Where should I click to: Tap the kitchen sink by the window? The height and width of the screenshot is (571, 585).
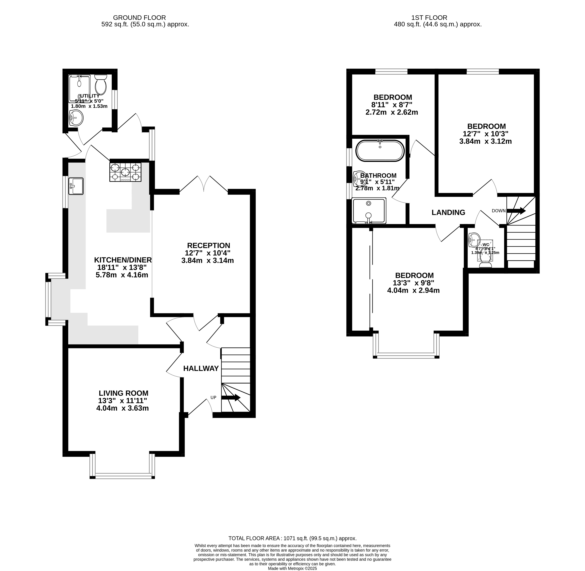[x=76, y=186]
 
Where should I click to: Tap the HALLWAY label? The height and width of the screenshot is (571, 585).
[x=201, y=369]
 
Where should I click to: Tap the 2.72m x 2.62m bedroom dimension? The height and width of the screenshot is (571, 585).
[x=392, y=112]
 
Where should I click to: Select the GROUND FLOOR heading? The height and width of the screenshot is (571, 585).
[x=139, y=18]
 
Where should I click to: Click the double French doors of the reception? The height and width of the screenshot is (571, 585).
[x=204, y=184]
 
